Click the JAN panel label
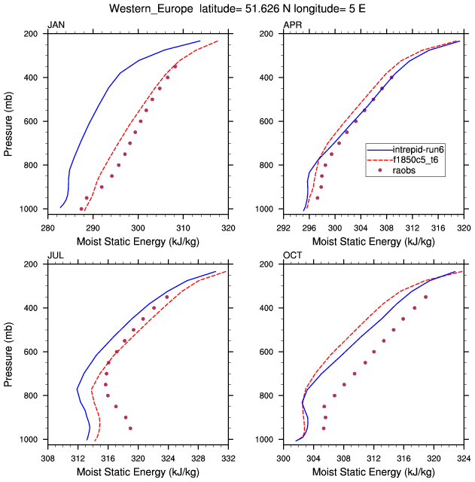coord(56,25)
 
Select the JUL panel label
coord(55,255)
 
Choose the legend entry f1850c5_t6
coord(422,160)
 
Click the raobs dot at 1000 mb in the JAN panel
coord(81,209)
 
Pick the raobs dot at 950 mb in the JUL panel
coord(130,429)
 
